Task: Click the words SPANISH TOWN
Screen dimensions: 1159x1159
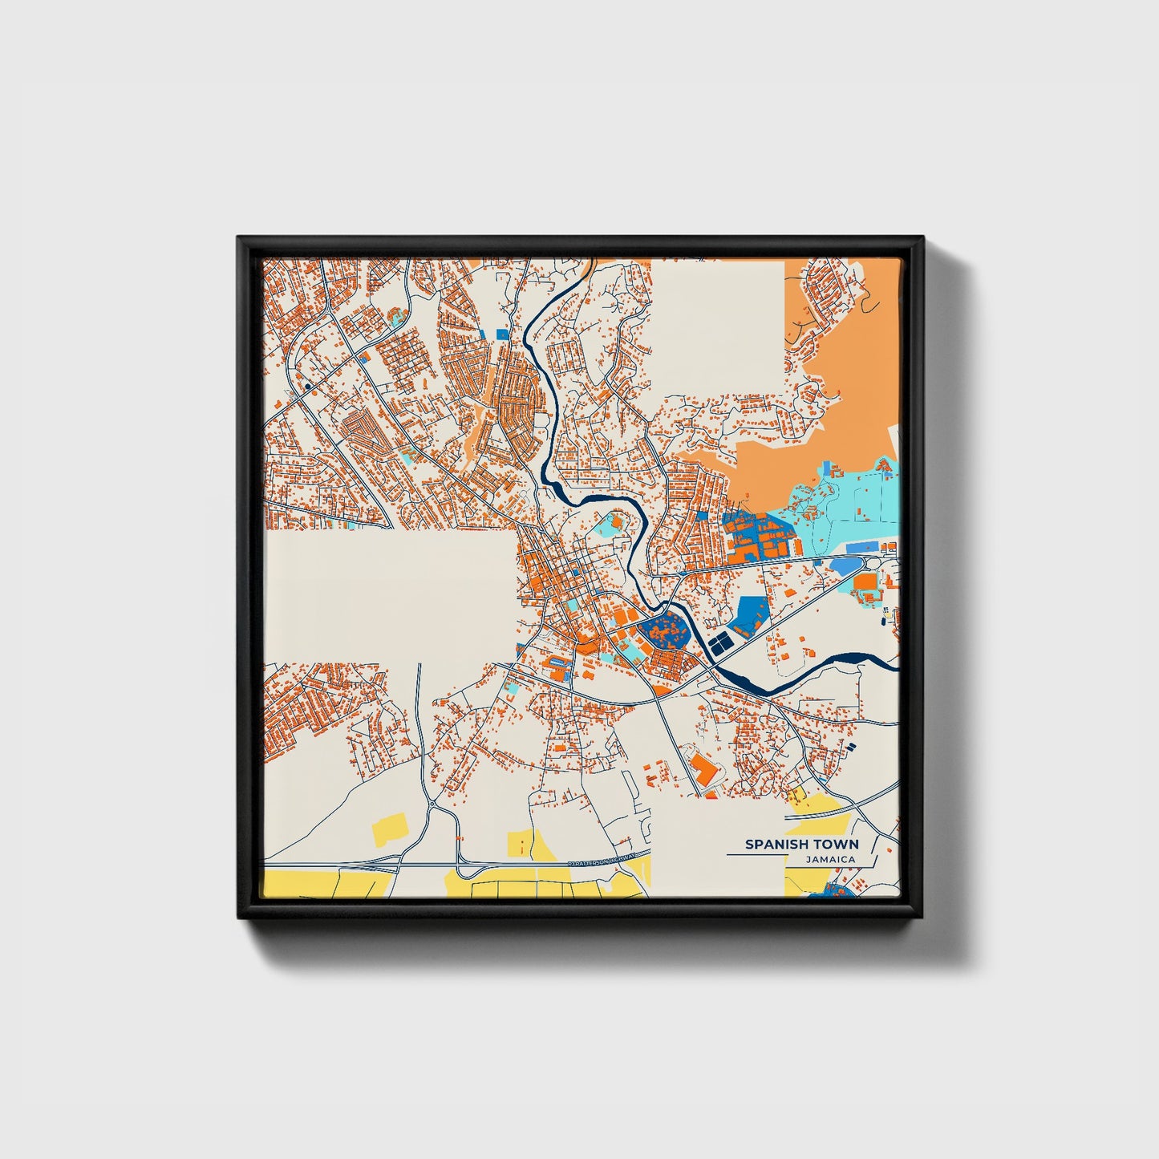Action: tap(801, 844)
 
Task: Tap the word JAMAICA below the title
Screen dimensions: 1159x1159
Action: tap(831, 859)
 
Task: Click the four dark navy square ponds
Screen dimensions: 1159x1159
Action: tap(719, 642)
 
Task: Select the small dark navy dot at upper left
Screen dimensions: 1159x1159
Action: tap(307, 386)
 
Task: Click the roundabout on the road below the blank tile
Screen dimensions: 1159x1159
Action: tap(431, 803)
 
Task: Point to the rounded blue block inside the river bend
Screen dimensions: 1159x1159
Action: tap(664, 630)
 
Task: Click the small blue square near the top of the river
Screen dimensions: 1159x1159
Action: tap(502, 334)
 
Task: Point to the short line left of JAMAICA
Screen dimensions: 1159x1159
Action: tap(754, 855)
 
